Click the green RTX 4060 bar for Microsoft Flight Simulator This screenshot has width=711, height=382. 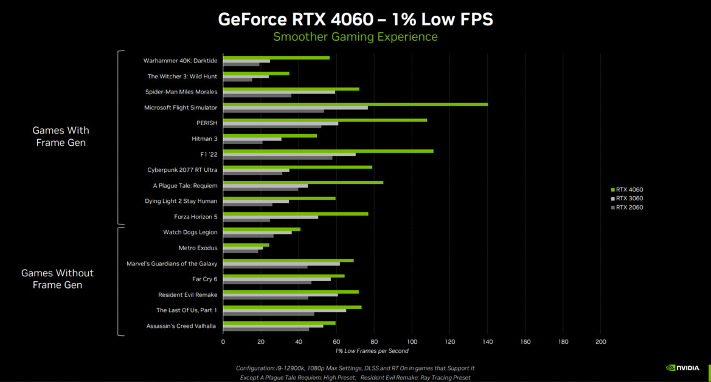pos(355,104)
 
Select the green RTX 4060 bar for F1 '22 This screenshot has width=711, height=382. pos(328,151)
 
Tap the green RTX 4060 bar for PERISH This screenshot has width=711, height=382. pos(325,120)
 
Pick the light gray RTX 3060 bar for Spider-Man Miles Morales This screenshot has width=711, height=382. pos(279,92)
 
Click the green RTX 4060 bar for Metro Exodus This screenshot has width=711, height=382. pos(246,245)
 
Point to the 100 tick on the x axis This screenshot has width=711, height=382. pos(412,342)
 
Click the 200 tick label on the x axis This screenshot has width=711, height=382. pos(600,342)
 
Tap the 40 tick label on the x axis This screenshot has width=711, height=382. pos(299,342)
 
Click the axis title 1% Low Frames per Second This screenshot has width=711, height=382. pos(372,351)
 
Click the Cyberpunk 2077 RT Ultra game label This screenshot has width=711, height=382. pos(182,170)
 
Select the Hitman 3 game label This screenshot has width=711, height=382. pos(204,139)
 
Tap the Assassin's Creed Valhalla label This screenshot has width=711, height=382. pos(181,326)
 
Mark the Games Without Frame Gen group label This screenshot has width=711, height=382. pos(57,279)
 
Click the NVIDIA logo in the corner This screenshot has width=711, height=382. pos(682,368)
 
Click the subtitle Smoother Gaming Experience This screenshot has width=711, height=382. pos(355,37)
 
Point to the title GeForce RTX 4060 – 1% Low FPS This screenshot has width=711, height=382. pos(355,19)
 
